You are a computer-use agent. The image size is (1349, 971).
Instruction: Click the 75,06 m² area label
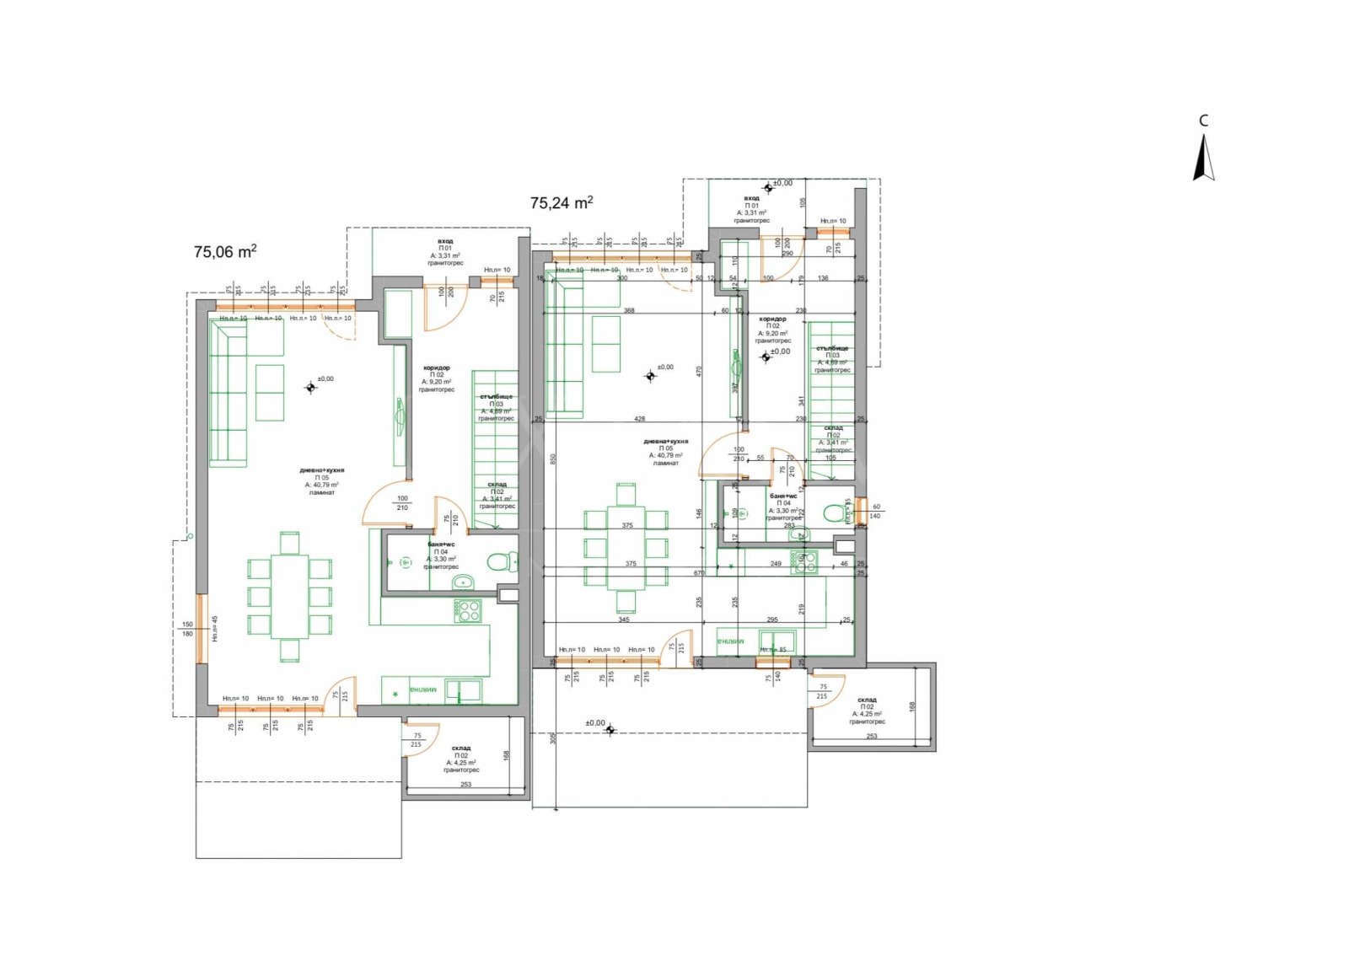click(225, 251)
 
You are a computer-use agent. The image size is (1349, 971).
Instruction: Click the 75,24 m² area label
click(561, 202)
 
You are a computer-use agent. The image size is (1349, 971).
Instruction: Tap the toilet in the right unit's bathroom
click(834, 512)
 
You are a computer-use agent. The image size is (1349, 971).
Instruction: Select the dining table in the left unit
click(289, 597)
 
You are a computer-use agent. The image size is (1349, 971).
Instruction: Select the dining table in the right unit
click(626, 548)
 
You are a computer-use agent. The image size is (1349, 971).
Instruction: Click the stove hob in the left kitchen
click(467, 610)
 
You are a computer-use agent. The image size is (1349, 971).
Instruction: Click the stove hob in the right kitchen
click(803, 562)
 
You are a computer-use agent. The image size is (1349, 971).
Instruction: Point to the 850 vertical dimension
click(553, 459)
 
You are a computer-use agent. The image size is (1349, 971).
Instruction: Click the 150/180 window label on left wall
click(187, 629)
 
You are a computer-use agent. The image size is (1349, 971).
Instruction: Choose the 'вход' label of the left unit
click(445, 241)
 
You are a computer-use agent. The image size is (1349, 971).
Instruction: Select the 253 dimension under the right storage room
click(871, 736)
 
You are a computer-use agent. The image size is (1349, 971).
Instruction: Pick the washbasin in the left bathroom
click(462, 582)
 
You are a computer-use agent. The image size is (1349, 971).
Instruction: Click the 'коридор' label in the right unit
click(772, 319)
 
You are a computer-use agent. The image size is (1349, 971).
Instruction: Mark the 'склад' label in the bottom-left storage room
click(460, 748)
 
